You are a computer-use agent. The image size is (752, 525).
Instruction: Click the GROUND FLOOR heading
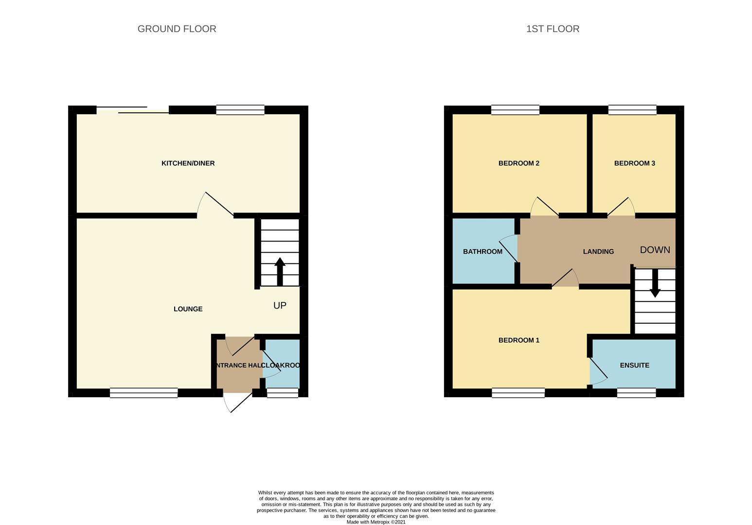pyautogui.click(x=177, y=29)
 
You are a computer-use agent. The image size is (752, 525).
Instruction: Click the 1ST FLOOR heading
pyautogui.click(x=553, y=29)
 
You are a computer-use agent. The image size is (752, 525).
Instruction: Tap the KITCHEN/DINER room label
pyautogui.click(x=188, y=163)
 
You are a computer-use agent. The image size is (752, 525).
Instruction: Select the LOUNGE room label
pyautogui.click(x=188, y=309)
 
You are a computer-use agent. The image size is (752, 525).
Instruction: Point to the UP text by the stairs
pyautogui.click(x=280, y=305)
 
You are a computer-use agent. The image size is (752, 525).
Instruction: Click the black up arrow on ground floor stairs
pyautogui.click(x=280, y=271)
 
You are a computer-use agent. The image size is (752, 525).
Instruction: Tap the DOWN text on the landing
pyautogui.click(x=655, y=250)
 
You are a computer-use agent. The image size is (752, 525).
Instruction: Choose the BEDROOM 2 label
pyautogui.click(x=519, y=163)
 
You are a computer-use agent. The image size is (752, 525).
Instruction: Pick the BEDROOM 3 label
pyautogui.click(x=634, y=163)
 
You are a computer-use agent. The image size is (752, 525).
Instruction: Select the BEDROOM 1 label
pyautogui.click(x=519, y=340)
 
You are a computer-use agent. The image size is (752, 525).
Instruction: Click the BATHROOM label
pyautogui.click(x=483, y=251)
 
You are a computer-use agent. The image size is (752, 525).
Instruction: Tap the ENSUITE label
pyautogui.click(x=634, y=365)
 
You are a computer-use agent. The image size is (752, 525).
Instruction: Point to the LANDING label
pyautogui.click(x=598, y=251)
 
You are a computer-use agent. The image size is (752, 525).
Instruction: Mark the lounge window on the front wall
pyautogui.click(x=144, y=393)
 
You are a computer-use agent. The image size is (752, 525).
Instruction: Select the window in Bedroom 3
pyautogui.click(x=632, y=110)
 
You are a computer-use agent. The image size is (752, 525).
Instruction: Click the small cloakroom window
pyautogui.click(x=283, y=393)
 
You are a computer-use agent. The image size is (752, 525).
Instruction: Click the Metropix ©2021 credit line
pyautogui.click(x=376, y=522)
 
